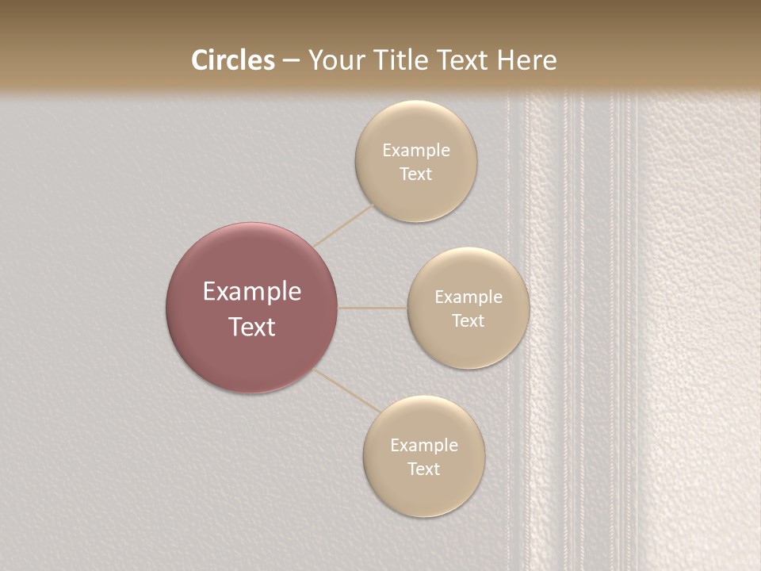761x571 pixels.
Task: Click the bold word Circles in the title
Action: pos(232,60)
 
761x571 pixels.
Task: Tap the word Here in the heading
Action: pos(526,60)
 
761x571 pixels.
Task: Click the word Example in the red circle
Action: pos(252,292)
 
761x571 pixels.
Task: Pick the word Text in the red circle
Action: pos(252,327)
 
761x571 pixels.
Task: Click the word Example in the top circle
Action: pos(416,151)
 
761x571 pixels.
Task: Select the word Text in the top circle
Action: pos(416,174)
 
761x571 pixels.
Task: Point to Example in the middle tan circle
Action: pos(468,297)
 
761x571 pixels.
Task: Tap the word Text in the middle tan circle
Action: pos(468,321)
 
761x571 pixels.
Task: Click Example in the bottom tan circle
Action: pos(424,446)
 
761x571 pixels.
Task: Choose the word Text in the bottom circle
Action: pos(424,469)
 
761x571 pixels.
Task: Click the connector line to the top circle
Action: pos(343,225)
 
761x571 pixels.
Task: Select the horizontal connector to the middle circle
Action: pos(373,308)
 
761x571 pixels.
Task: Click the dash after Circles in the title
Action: pos(291,61)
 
